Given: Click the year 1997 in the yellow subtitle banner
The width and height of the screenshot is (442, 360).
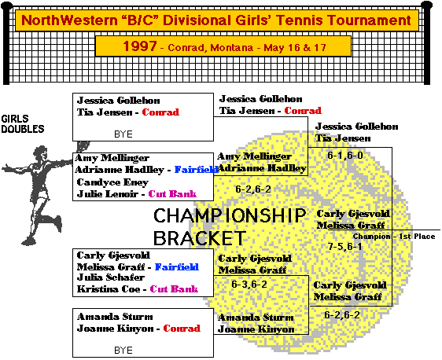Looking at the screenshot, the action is pos(140,46).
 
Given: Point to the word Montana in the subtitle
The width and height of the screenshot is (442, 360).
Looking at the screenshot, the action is pos(231,48).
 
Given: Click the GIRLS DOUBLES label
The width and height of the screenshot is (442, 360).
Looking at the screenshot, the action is pos(23,123).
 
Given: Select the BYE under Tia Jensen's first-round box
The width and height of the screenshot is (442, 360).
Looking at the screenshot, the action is pos(123,134).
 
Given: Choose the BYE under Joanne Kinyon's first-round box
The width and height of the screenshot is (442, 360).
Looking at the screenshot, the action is pos(123,350).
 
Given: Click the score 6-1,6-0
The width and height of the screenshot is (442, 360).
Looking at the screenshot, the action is pos(345,155).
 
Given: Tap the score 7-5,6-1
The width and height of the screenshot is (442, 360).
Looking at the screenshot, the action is pos(344,247).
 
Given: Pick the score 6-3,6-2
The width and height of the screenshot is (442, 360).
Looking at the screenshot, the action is pos(249,285).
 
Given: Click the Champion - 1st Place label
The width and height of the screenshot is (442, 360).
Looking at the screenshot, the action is pos(394,237).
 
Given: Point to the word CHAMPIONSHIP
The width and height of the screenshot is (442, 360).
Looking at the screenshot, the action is pos(230,215).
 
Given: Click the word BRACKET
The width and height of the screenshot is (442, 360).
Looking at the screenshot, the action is pos(200,238).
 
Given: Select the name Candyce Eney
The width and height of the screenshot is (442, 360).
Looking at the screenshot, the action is pos(112,182).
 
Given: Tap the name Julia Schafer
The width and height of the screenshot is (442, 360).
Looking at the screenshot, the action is pos(111,277).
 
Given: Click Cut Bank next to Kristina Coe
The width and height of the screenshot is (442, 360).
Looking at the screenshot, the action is pos(174,289).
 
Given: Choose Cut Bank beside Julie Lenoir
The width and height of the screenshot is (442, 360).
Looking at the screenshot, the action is pos(172,194).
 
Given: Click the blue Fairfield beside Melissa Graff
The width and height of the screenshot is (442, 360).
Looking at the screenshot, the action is pos(177,266).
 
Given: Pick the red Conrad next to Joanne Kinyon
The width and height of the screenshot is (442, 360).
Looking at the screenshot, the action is pos(182,329).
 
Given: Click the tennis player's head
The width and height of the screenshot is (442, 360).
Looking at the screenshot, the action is pos(40,152).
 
